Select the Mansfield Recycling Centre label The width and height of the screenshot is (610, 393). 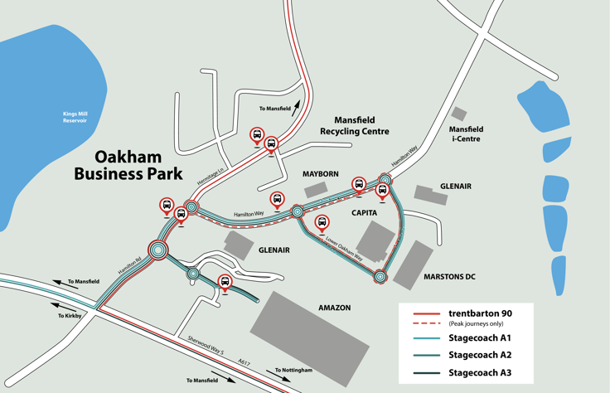click(x=355, y=126)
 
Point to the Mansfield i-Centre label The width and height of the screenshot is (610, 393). click(x=466, y=134)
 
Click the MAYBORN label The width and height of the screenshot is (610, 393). click(x=320, y=174)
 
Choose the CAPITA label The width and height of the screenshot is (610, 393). click(x=364, y=213)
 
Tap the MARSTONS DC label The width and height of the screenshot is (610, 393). click(x=448, y=276)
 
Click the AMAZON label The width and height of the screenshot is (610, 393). click(x=334, y=308)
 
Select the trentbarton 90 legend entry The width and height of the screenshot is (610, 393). click(x=480, y=313)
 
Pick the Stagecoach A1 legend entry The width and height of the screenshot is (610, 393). click(x=480, y=337)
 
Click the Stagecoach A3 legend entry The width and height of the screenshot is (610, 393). click(x=480, y=373)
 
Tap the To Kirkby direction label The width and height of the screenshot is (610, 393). click(x=71, y=316)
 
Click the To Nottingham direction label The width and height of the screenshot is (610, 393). click(x=293, y=370)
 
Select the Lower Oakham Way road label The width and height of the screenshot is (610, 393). click(x=345, y=248)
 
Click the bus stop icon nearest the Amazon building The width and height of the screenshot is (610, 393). click(x=225, y=283)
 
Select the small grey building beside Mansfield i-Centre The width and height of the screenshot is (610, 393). click(x=458, y=114)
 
